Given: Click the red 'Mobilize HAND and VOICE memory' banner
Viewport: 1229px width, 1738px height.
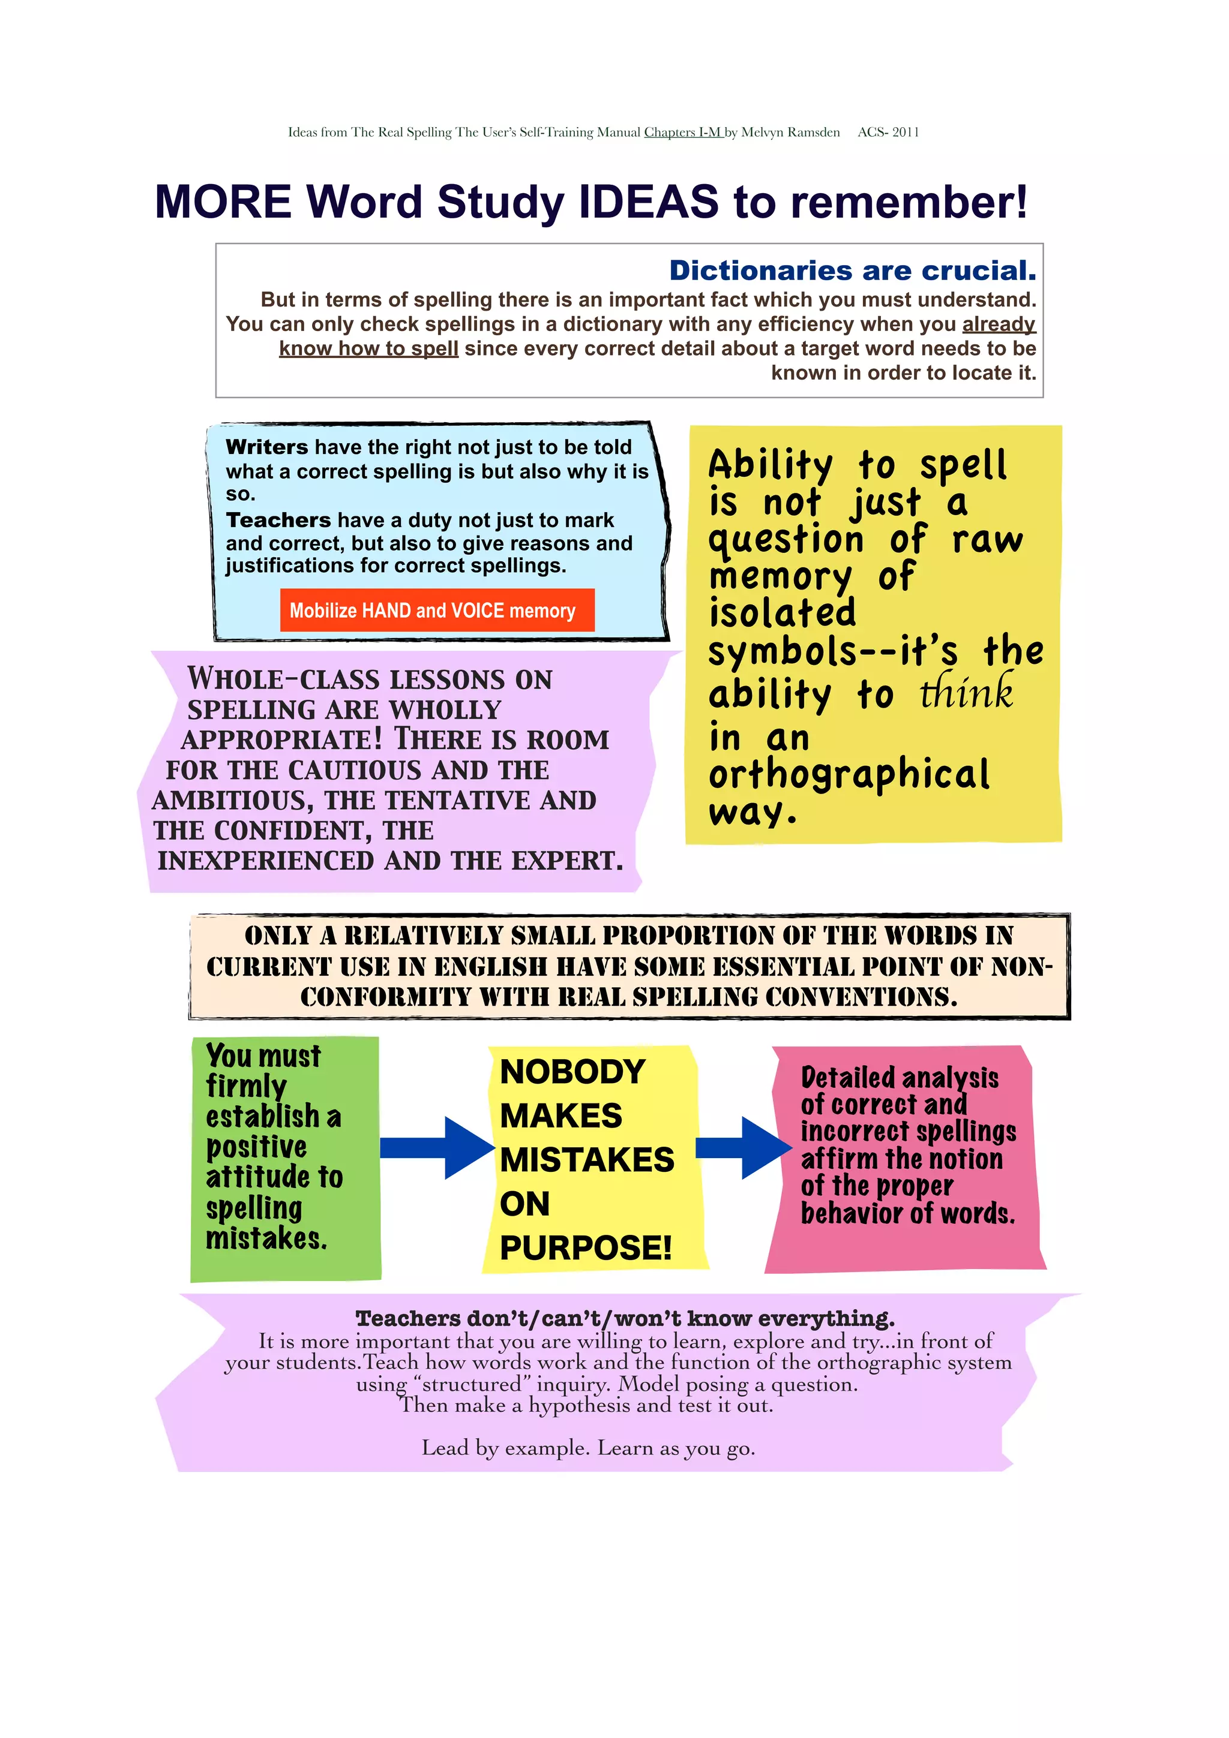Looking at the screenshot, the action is tap(437, 609).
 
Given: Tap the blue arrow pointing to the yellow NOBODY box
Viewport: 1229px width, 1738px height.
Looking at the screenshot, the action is tap(437, 1147).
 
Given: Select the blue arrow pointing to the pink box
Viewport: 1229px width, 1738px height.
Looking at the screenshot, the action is tap(743, 1147).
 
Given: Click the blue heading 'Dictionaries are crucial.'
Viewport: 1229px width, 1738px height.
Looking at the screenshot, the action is tap(852, 270).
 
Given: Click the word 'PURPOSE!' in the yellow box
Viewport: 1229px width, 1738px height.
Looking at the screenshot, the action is tap(585, 1248).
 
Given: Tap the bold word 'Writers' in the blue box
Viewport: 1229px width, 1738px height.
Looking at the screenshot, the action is tap(266, 447).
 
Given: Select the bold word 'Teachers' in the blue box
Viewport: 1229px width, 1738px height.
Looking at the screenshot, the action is tap(278, 520).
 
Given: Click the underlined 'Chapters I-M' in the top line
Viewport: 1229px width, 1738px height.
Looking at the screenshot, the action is tap(683, 132).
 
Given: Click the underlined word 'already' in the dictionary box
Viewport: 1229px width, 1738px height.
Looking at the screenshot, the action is tap(999, 324).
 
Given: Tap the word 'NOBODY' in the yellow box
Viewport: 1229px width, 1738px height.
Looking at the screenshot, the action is tap(572, 1071).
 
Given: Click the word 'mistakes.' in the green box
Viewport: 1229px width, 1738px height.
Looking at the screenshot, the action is tap(266, 1238).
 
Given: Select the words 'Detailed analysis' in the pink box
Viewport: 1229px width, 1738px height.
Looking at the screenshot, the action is tap(900, 1078).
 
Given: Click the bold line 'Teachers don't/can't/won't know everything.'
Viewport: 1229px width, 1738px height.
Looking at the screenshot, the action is tap(625, 1318).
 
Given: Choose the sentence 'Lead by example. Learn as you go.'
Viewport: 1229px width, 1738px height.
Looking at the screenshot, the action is tap(588, 1448).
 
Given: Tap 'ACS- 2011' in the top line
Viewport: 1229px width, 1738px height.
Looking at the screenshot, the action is tap(888, 132).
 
